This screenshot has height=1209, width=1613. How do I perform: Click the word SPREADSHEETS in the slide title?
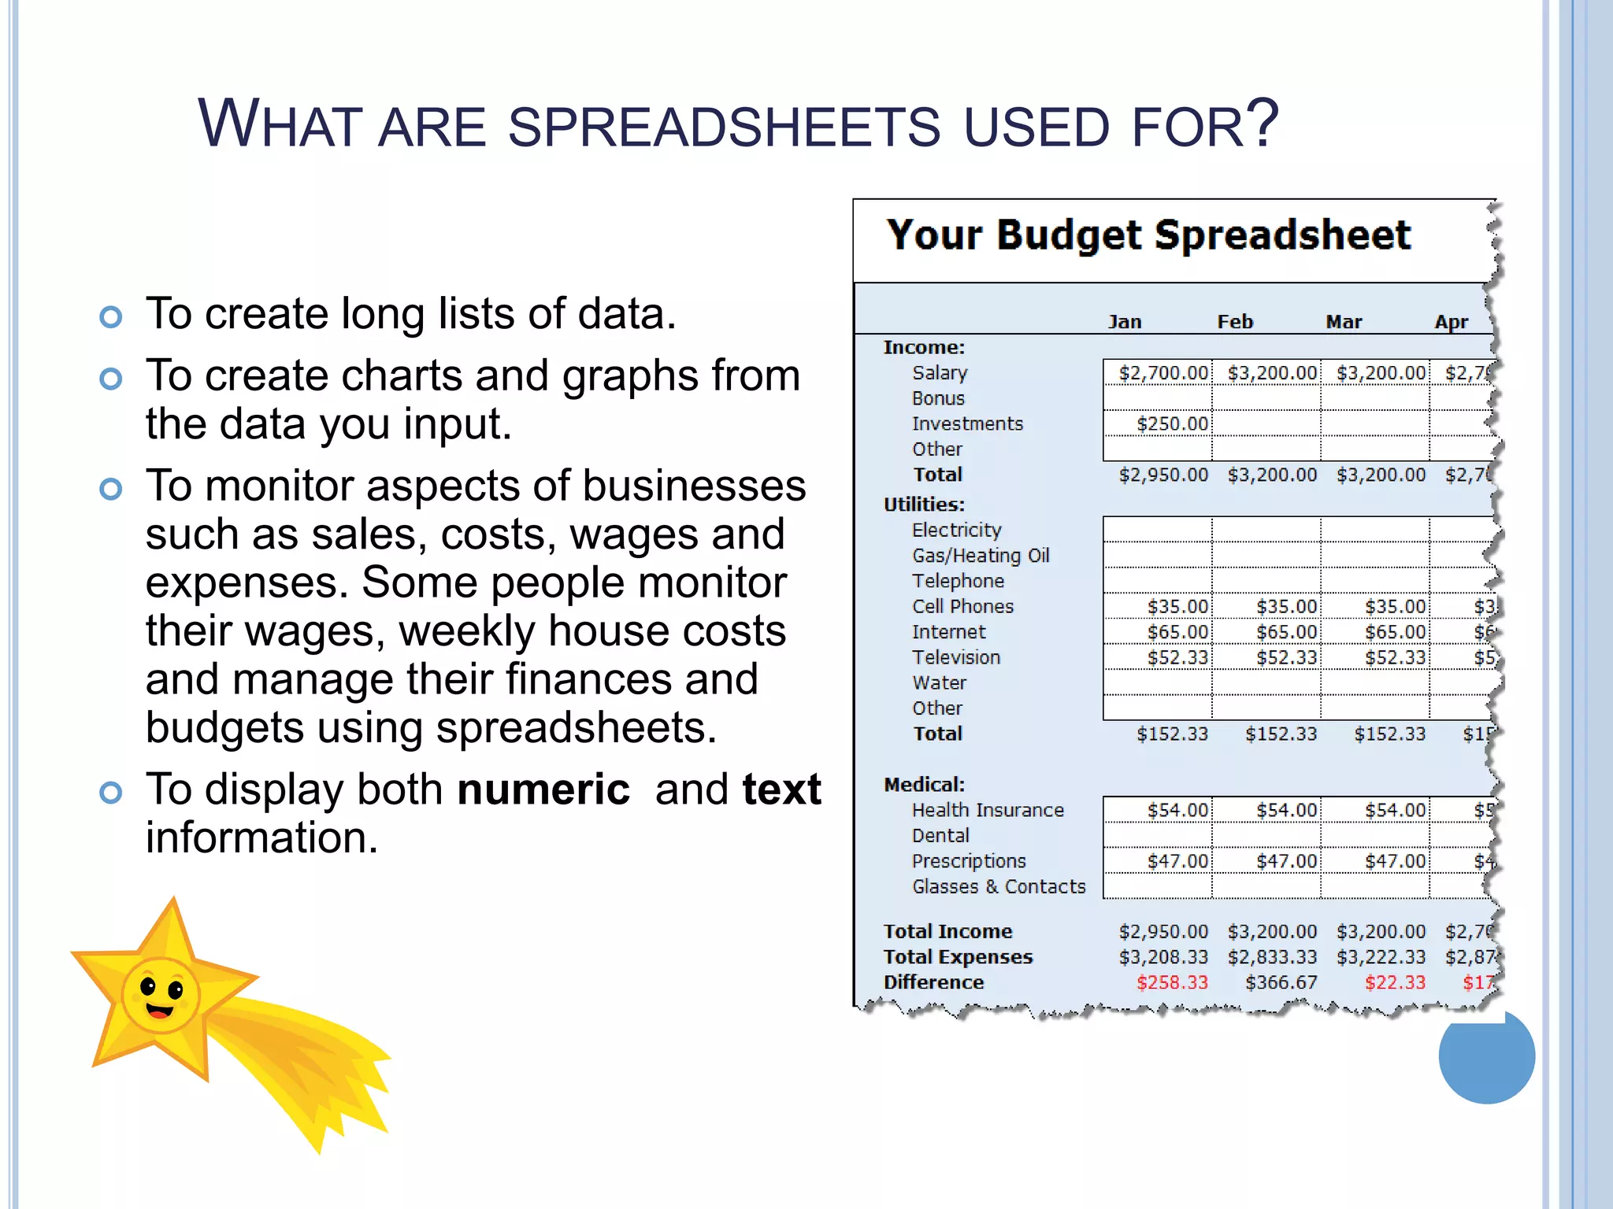pos(724,126)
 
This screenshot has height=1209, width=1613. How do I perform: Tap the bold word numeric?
pos(543,789)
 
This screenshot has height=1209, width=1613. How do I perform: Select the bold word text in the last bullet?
pos(781,789)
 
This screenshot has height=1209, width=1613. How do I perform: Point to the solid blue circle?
pos(1486,1056)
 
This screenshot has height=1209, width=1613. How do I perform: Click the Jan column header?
pos(1124,322)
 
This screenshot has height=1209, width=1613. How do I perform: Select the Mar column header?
pos(1343,322)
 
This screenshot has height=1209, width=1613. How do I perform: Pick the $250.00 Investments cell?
pos(1172,424)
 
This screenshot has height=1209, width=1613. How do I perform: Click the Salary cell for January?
pos(1162,373)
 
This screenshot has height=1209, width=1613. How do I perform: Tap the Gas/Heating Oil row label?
pos(981,556)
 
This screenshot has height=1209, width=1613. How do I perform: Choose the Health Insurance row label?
pos(988,810)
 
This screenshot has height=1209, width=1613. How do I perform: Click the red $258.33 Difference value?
pos(1172,982)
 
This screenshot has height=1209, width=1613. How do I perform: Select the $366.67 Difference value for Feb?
pos(1281,982)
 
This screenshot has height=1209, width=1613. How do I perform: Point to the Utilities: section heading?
pos(924,505)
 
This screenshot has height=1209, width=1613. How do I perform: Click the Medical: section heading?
pos(924,785)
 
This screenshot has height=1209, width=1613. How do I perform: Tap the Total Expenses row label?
pos(958,957)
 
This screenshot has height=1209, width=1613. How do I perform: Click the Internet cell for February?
pos(1285,632)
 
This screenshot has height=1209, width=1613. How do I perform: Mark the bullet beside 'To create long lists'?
pos(111,317)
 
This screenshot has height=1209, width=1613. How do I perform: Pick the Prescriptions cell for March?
pos(1394,861)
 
